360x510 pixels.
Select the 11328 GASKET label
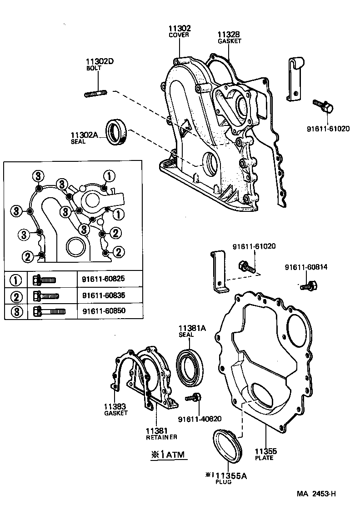[x=229, y=37]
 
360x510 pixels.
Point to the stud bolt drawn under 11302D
[x=95, y=94]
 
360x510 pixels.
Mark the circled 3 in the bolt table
[x=16, y=311]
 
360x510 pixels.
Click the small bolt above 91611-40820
[x=193, y=398]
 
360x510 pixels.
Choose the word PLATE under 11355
[x=264, y=458]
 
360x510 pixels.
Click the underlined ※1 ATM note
[x=169, y=454]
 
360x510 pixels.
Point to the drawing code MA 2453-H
[x=316, y=494]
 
